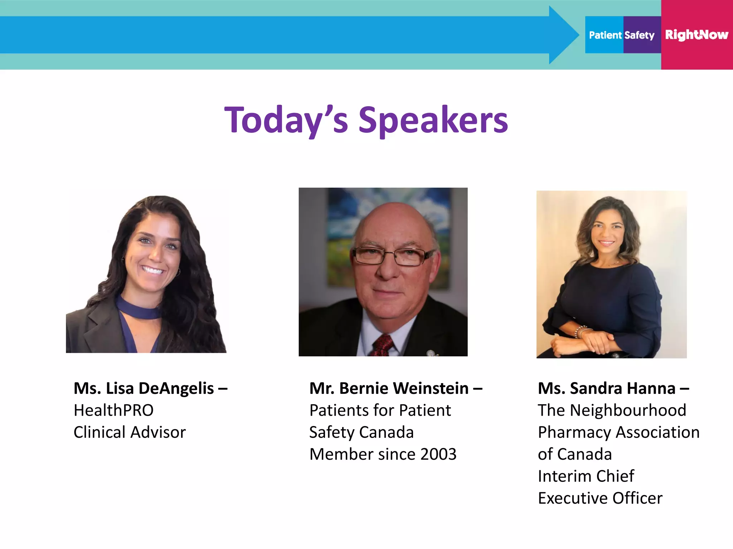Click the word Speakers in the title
(433, 120)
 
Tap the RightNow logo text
(696, 35)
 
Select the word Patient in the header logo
(605, 35)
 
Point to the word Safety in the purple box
(640, 35)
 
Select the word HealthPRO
(113, 410)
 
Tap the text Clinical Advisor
(130, 432)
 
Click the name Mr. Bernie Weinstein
(389, 388)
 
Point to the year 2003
(438, 454)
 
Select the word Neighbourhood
(628, 410)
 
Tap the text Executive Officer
(600, 498)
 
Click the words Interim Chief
(586, 476)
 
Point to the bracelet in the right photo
(581, 331)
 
